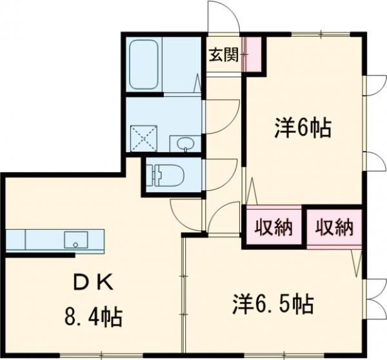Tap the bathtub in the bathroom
tap(144, 65)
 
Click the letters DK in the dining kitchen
tap(94, 281)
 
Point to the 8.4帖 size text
tap(94, 316)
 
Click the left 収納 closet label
tap(273, 227)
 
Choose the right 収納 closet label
tap(334, 227)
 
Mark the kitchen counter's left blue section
tap(15, 240)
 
